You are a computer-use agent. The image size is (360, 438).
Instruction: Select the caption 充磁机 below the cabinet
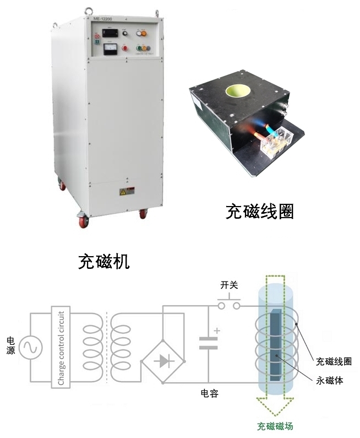click(x=103, y=261)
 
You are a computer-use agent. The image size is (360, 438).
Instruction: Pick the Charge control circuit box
click(x=61, y=348)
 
